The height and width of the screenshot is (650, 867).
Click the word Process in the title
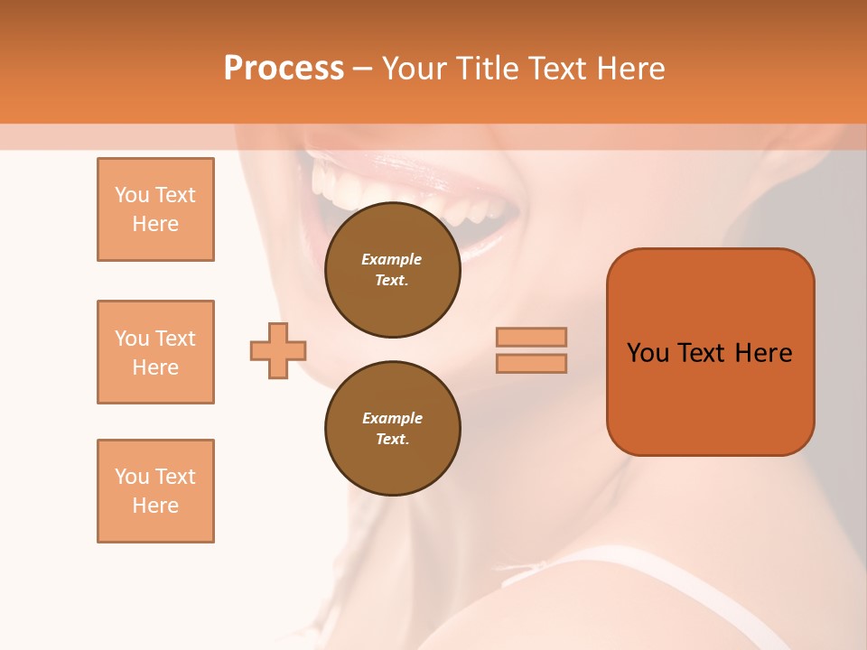click(x=284, y=69)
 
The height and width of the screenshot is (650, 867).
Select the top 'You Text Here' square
click(x=155, y=209)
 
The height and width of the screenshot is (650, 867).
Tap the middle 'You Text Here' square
click(x=155, y=352)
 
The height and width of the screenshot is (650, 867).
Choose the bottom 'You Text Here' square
click(x=155, y=491)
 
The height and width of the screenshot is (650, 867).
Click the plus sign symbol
click(x=278, y=349)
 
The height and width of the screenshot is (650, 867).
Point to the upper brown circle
click(x=392, y=270)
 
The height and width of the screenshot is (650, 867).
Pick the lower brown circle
click(x=392, y=428)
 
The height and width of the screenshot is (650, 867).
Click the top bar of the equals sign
click(x=531, y=337)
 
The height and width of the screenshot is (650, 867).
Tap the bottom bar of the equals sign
click(x=531, y=363)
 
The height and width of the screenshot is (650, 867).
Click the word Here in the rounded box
click(x=763, y=353)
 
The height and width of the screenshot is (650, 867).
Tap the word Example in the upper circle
click(x=391, y=259)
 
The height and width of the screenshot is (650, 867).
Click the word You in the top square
click(x=130, y=195)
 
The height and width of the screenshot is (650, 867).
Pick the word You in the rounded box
click(x=648, y=353)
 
